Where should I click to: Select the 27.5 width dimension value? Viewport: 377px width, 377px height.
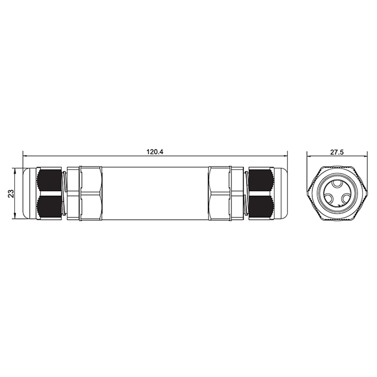pyautogui.click(x=337, y=152)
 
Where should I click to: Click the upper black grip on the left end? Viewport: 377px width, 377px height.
pyautogui.click(x=49, y=180)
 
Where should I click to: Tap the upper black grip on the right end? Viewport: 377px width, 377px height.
pyautogui.click(x=261, y=180)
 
